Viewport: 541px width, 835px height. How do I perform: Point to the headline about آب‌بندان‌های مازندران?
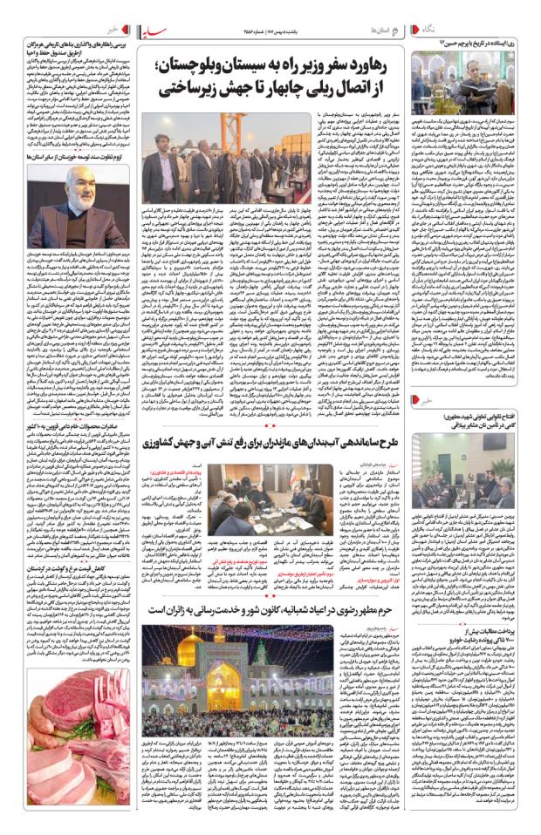pos(270,441)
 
